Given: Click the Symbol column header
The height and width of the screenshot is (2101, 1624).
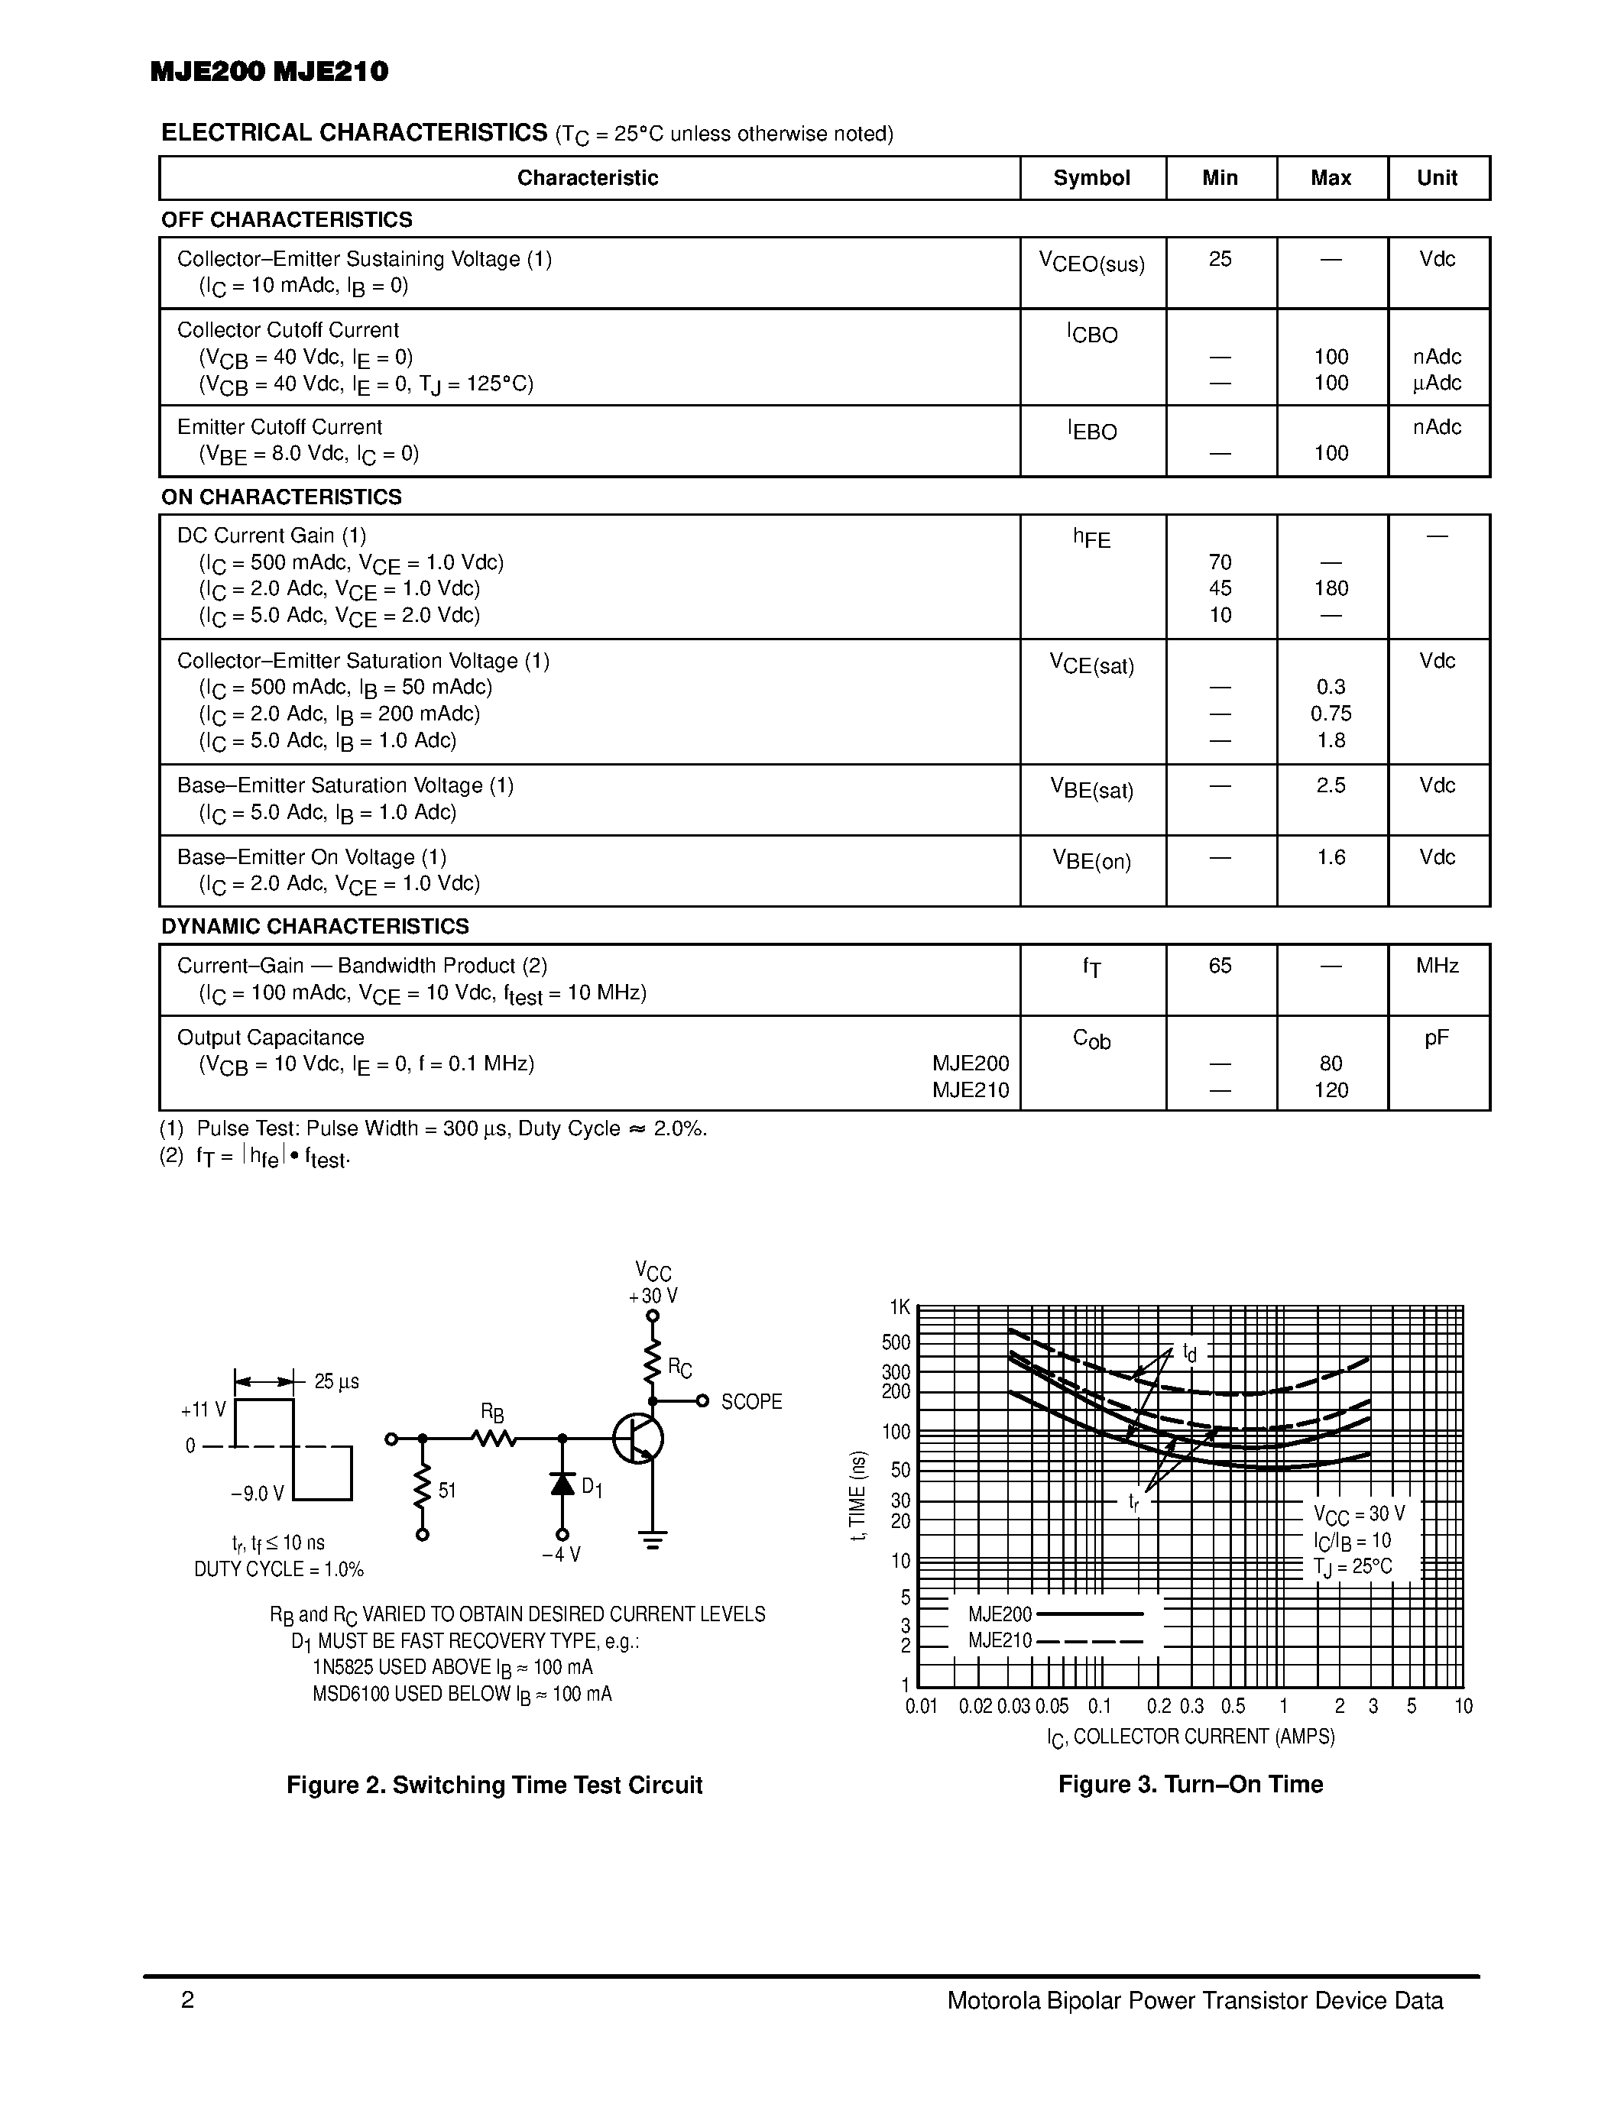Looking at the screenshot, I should coord(1091,178).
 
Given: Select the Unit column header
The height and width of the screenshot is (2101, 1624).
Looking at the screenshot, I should coord(1437,178).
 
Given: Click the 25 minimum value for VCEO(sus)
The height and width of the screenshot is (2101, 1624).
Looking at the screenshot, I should coord(1220,260).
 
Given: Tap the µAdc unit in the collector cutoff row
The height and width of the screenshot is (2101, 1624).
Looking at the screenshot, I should coord(1437,384).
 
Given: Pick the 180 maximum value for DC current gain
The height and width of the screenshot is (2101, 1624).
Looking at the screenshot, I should coord(1331,589).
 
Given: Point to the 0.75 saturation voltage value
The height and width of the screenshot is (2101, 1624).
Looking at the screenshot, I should coord(1331,714).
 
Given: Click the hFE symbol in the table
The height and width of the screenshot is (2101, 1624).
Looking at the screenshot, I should coord(1091,539).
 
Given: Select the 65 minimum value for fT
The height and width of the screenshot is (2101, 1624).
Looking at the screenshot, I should coord(1220,966).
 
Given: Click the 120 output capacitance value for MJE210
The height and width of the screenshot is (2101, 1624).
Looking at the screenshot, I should coord(1331,1091).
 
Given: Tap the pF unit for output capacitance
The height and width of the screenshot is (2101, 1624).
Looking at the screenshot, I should coord(1437,1038).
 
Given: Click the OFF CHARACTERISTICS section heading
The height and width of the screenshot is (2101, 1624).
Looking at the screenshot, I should coord(287,220).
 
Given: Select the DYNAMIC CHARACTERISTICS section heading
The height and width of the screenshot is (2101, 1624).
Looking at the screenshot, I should coord(315,927).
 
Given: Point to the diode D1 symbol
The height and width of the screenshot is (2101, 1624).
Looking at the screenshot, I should coord(562,1484).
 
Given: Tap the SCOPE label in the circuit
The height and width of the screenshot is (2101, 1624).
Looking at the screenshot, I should coord(751,1402).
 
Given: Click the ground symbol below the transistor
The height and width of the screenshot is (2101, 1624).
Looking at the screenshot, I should coord(653,1539).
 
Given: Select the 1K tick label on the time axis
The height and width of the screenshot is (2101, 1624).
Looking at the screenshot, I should coord(899,1307).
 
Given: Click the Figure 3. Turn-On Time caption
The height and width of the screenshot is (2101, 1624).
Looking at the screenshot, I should coord(1190,1785).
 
